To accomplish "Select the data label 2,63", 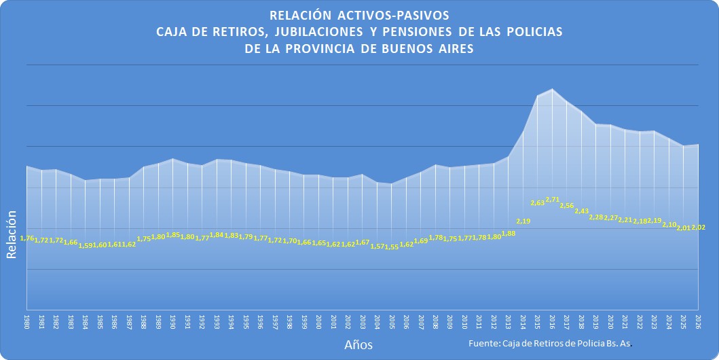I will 538,202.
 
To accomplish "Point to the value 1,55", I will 391,247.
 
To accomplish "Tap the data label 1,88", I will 509,234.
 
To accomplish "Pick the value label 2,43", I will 581,211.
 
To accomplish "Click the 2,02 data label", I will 698,228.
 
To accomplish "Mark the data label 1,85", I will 172,235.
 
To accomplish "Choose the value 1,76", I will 27,238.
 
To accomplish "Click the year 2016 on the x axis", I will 553,321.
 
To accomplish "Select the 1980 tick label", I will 26,321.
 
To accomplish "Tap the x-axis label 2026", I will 698,321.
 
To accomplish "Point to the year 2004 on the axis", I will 377,321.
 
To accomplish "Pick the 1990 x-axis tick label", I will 172,321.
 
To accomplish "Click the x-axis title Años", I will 358,345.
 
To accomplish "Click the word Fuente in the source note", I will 484,344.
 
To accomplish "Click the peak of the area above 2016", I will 553,89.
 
